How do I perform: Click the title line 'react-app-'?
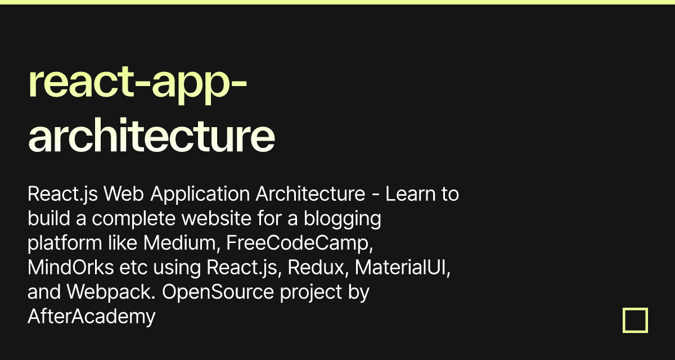(x=138, y=84)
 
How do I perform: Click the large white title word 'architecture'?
(x=151, y=134)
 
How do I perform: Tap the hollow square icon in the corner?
(x=635, y=320)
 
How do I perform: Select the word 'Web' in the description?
(x=124, y=193)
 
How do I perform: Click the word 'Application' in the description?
(x=200, y=194)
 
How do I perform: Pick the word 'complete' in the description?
(x=133, y=219)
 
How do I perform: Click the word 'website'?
(x=217, y=218)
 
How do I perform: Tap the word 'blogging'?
(x=343, y=219)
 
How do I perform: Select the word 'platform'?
(x=65, y=244)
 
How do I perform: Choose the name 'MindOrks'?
(x=71, y=267)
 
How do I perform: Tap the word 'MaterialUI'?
(x=403, y=267)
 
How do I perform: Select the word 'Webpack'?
(x=111, y=292)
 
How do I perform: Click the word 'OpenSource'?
(x=218, y=292)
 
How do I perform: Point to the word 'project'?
(x=311, y=292)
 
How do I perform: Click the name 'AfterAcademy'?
(x=92, y=317)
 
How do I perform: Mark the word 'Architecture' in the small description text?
(x=310, y=193)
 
